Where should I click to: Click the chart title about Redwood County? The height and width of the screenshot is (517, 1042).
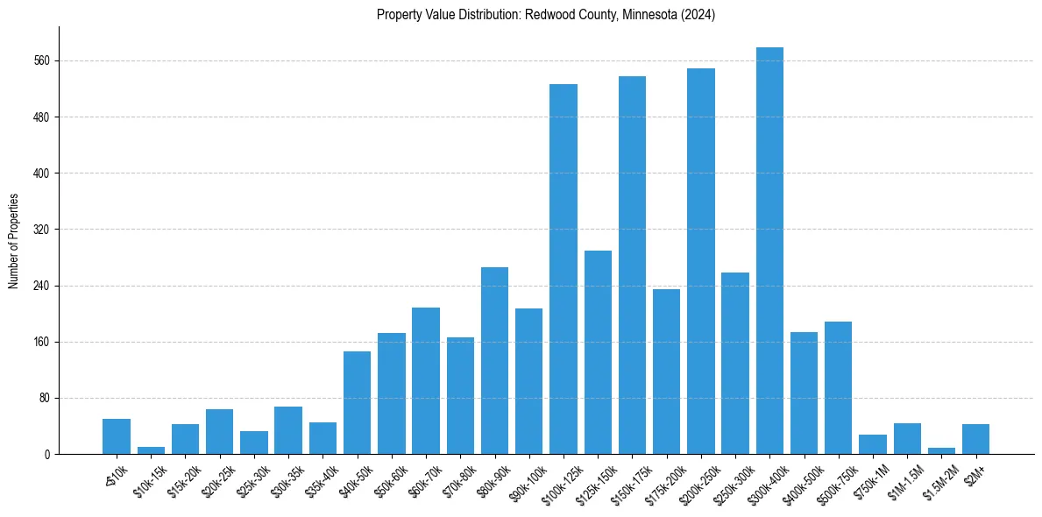[546, 15]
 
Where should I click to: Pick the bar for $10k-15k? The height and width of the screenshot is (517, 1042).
[151, 450]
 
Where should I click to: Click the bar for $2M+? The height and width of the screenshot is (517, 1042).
[975, 439]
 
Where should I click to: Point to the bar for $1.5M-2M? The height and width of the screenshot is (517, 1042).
[941, 450]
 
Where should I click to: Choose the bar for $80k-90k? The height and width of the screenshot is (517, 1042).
[494, 360]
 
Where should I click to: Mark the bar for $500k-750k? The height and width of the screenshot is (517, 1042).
[838, 387]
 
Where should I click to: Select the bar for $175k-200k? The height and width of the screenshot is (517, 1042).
[666, 372]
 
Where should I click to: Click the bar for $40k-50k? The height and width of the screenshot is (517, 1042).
[357, 402]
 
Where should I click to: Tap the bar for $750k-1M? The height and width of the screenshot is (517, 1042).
[873, 444]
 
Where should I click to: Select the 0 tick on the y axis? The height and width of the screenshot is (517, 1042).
[52, 455]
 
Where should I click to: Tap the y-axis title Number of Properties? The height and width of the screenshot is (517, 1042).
[13, 241]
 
